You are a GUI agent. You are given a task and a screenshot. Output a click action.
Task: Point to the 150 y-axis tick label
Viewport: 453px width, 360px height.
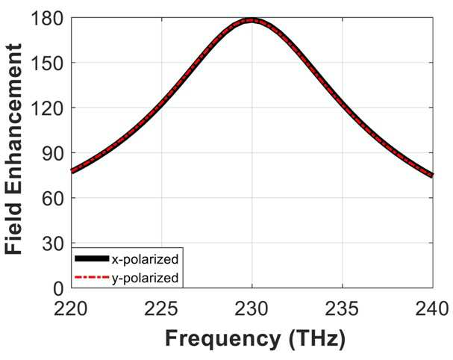coord(46,63)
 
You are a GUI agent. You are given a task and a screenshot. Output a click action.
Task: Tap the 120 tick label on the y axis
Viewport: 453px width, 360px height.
coord(46,108)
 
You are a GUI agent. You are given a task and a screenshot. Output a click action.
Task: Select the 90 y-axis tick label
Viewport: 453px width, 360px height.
coord(52,153)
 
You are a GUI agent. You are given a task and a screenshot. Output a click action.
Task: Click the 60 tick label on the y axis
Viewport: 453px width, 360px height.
coord(52,199)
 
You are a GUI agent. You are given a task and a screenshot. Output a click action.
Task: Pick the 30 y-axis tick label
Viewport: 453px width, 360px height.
coord(52,243)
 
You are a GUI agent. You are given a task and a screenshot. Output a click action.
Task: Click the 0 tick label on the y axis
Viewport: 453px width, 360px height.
coord(58,288)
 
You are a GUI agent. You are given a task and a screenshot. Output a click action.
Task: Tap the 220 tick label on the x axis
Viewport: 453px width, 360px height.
coord(70,309)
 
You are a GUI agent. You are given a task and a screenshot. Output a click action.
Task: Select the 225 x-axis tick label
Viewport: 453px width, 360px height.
coord(161,309)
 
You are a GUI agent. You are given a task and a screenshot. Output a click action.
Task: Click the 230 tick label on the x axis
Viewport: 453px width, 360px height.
coord(252,309)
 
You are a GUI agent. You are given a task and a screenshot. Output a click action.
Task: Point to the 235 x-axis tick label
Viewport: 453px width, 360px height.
coord(342,309)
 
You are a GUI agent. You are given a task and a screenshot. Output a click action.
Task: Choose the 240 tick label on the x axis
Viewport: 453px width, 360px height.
coord(432,309)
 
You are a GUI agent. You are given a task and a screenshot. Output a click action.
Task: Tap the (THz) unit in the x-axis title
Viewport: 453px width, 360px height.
coord(317,339)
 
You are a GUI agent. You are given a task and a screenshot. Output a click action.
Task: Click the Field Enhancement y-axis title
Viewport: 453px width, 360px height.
coord(13,149)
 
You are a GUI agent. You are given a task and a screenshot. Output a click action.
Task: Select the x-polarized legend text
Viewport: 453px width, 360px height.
coord(145,259)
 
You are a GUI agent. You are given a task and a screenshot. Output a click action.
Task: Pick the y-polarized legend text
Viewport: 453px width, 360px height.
coord(145,278)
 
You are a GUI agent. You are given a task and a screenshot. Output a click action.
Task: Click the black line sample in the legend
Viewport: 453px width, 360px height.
coord(92,258)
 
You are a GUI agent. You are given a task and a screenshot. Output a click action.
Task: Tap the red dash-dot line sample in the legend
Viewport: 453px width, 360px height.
coord(92,277)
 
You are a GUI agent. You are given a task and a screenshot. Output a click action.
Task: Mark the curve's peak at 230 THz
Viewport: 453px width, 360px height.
coord(252,20)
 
